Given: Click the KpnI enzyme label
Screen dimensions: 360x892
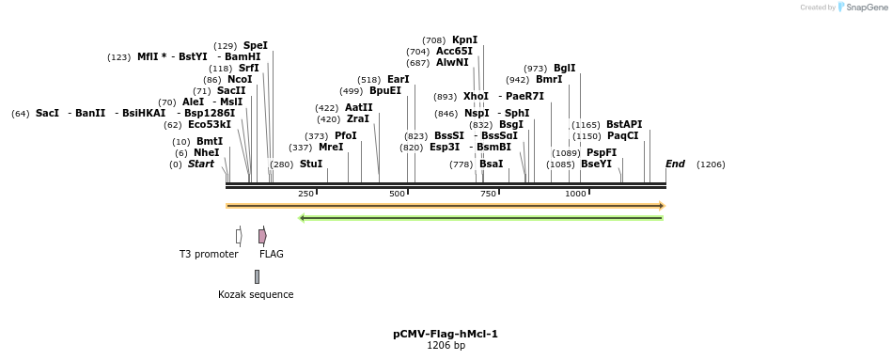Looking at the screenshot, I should (464, 39).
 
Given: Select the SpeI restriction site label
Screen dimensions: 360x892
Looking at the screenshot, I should (255, 45).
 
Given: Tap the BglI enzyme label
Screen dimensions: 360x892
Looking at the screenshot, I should (564, 68).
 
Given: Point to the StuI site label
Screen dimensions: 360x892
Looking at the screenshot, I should (310, 164).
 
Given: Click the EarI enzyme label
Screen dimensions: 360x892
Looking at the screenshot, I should (398, 79).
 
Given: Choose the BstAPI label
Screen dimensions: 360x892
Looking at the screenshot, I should (623, 124).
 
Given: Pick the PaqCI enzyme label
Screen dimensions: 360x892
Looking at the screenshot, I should (622, 135).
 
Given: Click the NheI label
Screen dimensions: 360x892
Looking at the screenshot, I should (206, 152).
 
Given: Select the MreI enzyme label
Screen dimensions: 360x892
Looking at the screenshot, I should (331, 147).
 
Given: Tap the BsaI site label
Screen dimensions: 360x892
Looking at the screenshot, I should (491, 164).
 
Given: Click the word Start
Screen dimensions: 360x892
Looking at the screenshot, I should (200, 164).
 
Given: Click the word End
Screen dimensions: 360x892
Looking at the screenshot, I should (675, 164).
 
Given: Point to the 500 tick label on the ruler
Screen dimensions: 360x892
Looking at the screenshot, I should (397, 194).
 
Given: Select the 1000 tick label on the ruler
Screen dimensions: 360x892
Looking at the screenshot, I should (575, 194).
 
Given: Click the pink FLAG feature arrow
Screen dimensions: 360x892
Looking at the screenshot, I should (262, 236).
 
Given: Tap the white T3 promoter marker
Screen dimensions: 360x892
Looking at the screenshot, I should (239, 236).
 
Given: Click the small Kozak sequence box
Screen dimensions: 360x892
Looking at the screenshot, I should (257, 276).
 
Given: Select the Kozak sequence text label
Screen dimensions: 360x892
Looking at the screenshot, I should (256, 294).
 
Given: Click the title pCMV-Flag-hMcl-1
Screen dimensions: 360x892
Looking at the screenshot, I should (446, 334).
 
